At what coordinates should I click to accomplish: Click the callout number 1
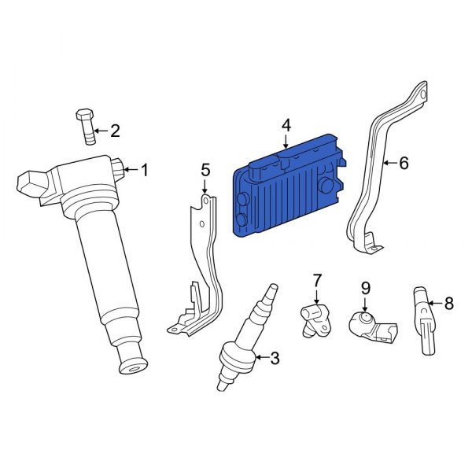click(x=144, y=168)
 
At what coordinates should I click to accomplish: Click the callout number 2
click(x=115, y=131)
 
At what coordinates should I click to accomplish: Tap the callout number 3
click(x=275, y=360)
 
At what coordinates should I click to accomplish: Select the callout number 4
click(x=286, y=125)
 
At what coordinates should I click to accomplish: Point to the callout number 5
click(x=205, y=169)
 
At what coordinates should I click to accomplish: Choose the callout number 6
click(x=404, y=164)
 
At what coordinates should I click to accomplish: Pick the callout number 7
click(x=317, y=279)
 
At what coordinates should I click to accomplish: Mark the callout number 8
click(x=449, y=302)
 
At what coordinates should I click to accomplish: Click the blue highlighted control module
click(x=287, y=189)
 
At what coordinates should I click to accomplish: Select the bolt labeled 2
click(x=86, y=126)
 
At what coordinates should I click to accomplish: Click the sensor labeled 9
click(x=370, y=323)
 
